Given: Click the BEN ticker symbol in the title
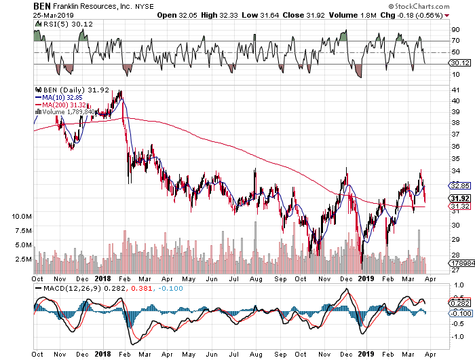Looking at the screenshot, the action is coord(42,6).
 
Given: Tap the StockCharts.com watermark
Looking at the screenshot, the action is coord(419,6).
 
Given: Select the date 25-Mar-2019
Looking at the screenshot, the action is coord(54,15).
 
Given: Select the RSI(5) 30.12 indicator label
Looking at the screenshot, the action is coord(65,24).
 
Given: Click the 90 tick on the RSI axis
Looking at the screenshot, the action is coord(455,30).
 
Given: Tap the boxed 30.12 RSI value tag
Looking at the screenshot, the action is coord(460,63).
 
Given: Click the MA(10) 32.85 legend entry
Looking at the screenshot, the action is coord(59,97).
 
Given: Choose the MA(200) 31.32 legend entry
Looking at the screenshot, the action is coord(61,105).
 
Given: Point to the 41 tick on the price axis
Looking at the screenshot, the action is coord(455,90).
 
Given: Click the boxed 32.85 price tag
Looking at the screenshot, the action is coord(460,185).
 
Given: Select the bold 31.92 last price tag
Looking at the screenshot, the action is coord(460,198).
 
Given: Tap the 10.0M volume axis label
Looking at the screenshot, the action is coord(22,217).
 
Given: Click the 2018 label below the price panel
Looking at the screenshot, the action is coord(102,278).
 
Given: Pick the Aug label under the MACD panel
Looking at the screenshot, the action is coord(256,355).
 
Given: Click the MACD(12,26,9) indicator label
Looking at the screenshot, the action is coord(72,288).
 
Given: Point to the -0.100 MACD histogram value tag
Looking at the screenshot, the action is coord(460,313).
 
